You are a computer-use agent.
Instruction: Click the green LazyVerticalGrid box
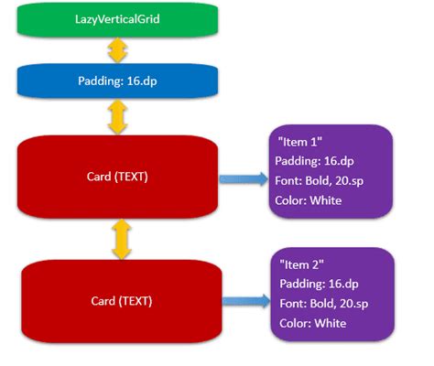[x=117, y=19]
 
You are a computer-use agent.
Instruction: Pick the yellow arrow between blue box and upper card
[x=117, y=116]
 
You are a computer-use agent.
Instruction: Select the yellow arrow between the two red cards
[x=117, y=240]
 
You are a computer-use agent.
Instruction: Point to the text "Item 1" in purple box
[x=298, y=144]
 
